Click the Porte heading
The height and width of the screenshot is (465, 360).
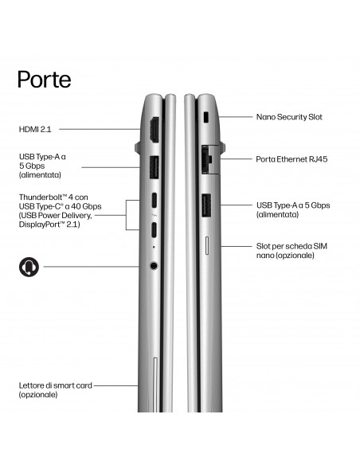(44, 79)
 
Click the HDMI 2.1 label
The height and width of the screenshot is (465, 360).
(35, 129)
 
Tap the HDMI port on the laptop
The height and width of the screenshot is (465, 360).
(155, 130)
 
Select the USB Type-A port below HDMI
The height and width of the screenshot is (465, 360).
(155, 167)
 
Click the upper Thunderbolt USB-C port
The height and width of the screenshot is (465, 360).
(155, 201)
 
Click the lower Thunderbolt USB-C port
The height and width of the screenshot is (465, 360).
(154, 229)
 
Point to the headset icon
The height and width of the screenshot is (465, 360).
(29, 267)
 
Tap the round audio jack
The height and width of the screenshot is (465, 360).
(153, 265)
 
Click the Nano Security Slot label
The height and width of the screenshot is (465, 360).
(289, 117)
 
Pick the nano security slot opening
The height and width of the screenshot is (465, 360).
(206, 117)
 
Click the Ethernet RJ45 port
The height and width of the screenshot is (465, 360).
(207, 159)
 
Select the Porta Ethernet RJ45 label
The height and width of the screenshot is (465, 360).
(292, 159)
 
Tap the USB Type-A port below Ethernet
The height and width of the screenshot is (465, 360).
(206, 205)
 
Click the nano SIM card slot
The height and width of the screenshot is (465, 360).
(207, 245)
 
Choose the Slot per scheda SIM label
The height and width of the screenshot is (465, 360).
(292, 246)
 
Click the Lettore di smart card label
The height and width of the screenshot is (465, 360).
(56, 385)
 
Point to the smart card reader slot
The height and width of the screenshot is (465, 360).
(155, 385)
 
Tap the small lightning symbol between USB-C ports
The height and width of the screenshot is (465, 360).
(154, 215)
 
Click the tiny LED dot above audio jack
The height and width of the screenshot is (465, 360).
(153, 247)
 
